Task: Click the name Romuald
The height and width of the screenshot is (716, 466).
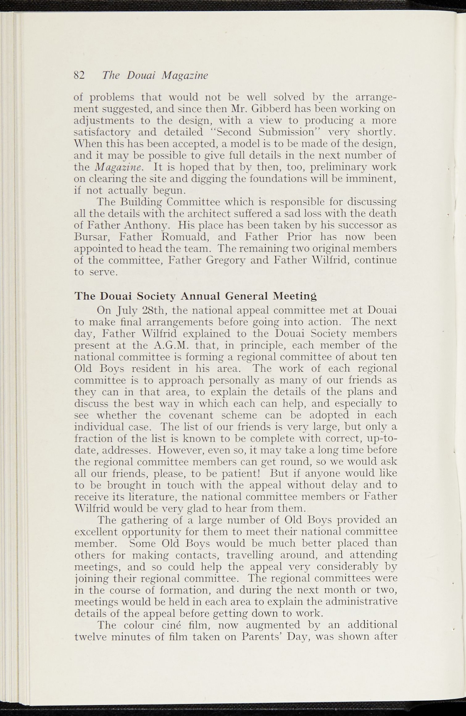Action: tap(185, 237)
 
